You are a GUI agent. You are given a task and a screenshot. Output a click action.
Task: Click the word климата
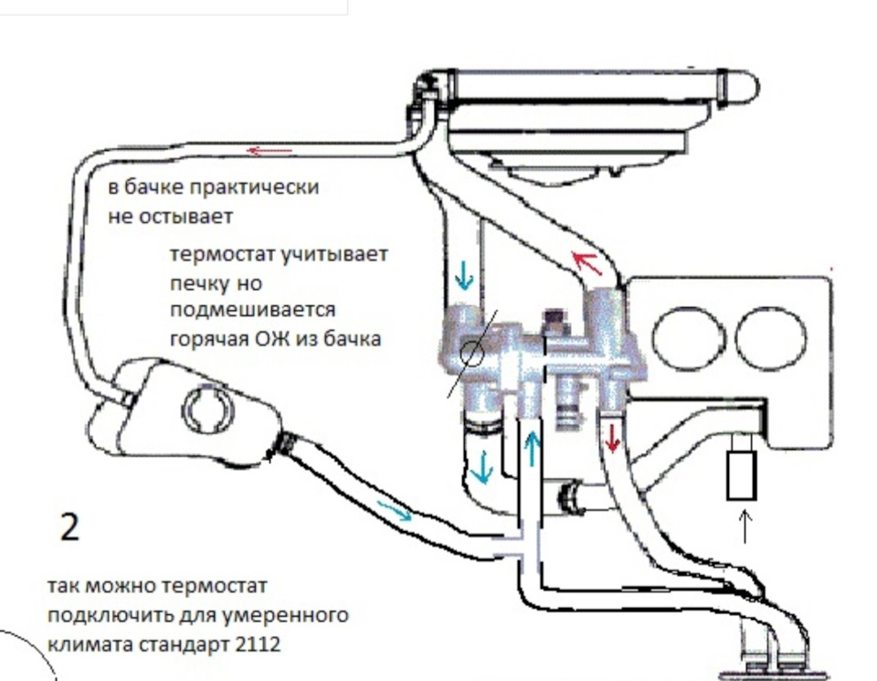coord(84,643)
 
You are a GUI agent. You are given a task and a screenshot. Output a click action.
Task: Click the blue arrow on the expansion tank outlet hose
coord(400,514)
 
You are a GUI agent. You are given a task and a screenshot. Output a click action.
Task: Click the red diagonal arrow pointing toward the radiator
coord(589,264)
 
